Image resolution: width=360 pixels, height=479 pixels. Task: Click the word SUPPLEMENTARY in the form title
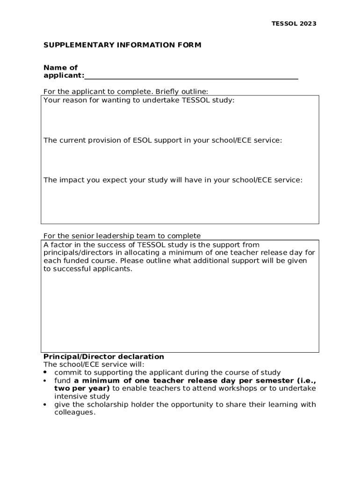[70, 45]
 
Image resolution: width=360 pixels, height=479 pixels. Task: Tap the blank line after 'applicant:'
[191, 76]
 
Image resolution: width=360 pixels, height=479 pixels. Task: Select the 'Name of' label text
[60, 68]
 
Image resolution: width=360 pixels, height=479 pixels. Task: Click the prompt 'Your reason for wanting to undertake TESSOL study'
[138, 100]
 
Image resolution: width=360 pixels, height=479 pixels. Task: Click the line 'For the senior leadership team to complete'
[122, 236]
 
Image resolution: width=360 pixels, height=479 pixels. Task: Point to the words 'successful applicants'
[93, 269]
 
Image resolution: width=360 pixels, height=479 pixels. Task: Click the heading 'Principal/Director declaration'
[104, 356]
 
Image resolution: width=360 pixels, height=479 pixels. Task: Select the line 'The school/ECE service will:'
[94, 364]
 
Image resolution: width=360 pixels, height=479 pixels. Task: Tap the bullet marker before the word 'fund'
[45, 381]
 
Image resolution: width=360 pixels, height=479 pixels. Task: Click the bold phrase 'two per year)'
[82, 388]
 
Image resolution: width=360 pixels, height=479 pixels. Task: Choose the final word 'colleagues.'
[75, 413]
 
